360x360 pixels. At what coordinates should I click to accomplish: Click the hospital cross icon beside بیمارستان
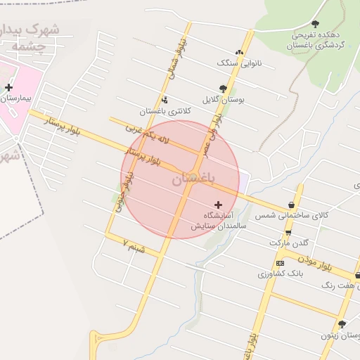pyautogui.click(x=8, y=88)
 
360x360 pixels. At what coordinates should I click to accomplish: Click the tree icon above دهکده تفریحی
pyautogui.click(x=314, y=24)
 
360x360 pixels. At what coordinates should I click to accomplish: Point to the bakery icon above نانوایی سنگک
pyautogui.click(x=240, y=52)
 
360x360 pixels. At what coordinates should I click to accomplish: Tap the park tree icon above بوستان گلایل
pyautogui.click(x=223, y=89)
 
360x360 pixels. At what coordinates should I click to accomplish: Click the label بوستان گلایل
pyautogui.click(x=223, y=100)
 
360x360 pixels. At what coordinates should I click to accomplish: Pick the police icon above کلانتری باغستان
pyautogui.click(x=164, y=99)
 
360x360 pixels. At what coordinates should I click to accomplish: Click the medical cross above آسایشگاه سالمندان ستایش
pyautogui.click(x=218, y=204)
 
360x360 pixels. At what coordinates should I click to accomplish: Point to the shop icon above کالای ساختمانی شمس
pyautogui.click(x=291, y=205)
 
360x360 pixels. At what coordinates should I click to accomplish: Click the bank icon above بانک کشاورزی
pyautogui.click(x=281, y=262)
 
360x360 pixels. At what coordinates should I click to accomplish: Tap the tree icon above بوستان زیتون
pyautogui.click(x=342, y=324)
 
